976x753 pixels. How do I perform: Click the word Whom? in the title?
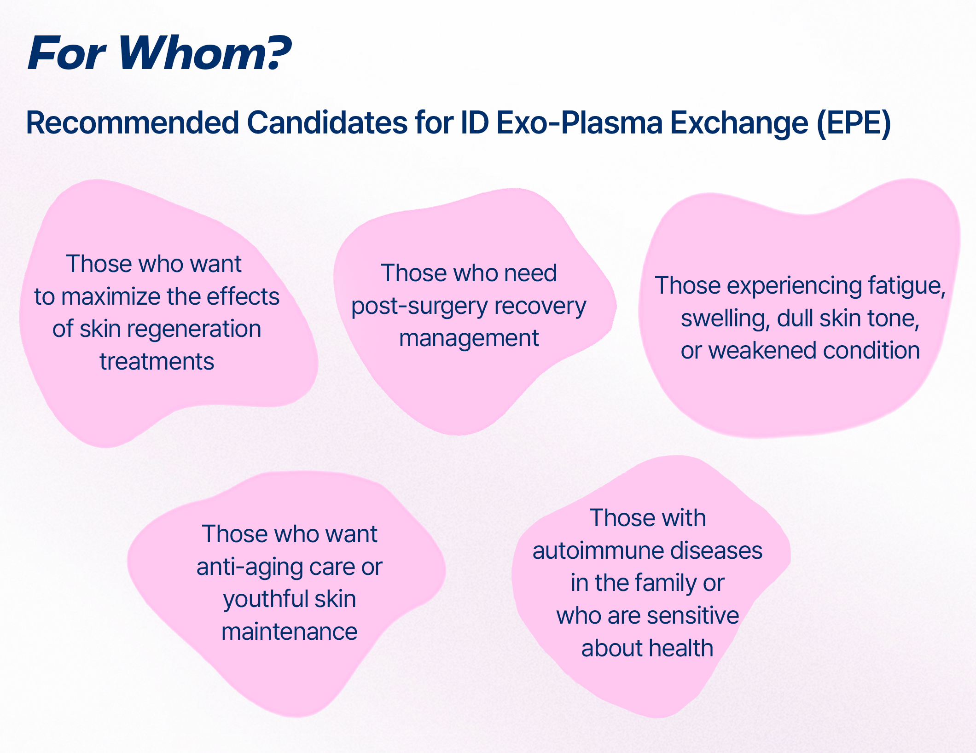pos(205,53)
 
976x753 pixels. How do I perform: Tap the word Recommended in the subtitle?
pos(133,123)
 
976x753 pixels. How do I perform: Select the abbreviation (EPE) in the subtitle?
pos(854,123)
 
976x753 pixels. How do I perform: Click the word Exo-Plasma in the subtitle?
pos(579,123)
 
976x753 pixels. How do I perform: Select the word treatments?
pos(157,361)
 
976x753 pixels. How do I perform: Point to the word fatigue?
pos(906,286)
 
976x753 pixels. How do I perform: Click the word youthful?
pos(262,599)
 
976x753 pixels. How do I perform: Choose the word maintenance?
pos(290,631)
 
